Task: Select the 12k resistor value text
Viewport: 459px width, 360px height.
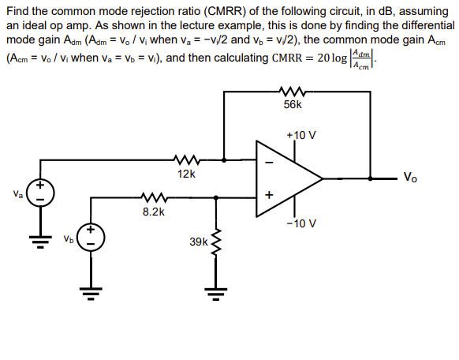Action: tap(187, 172)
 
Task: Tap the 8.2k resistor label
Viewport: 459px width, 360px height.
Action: tap(154, 212)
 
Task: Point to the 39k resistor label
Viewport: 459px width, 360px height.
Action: tap(199, 242)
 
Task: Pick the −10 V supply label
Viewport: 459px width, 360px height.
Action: tap(301, 223)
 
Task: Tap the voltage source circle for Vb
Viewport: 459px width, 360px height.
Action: tap(89, 237)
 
